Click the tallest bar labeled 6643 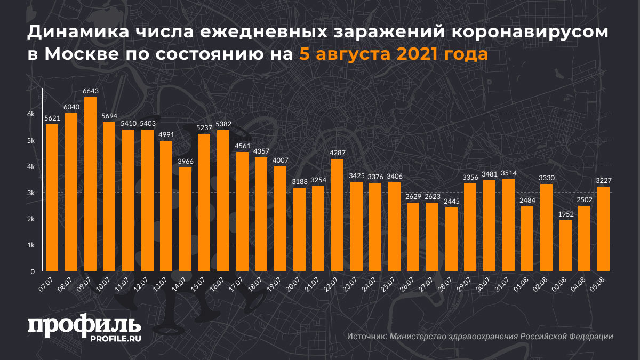(x=90, y=184)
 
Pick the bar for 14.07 (x=185, y=219)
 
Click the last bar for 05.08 (x=603, y=229)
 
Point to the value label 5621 (x=52, y=118)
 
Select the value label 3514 (x=508, y=173)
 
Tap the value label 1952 (x=565, y=214)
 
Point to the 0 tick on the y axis (x=33, y=271)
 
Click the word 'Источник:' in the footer (x=366, y=337)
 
